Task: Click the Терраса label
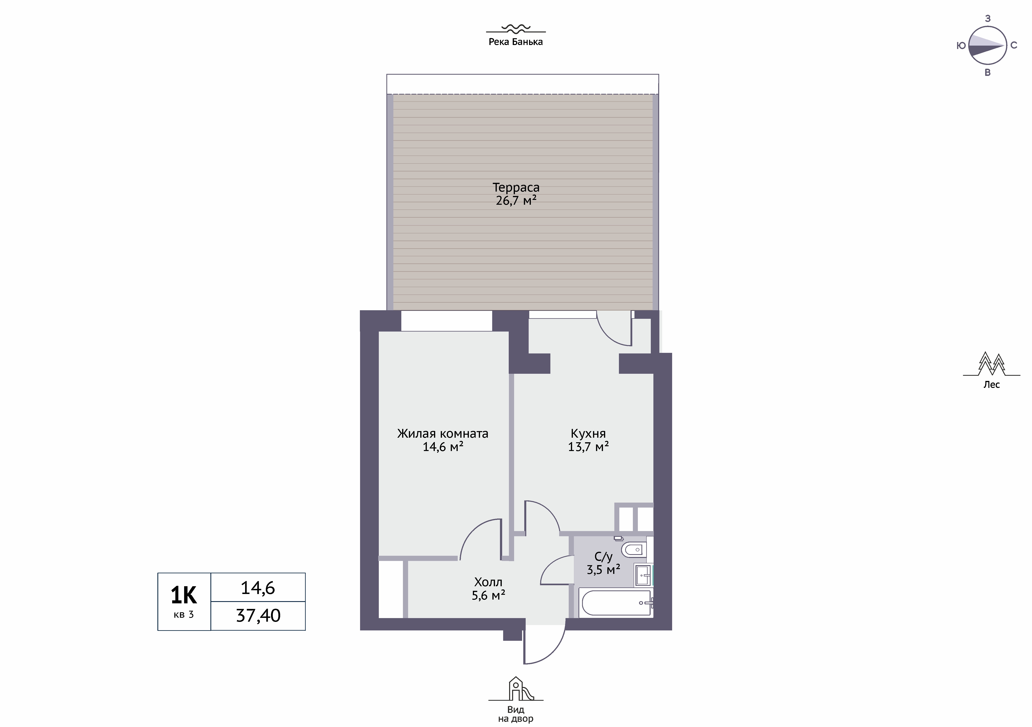pyautogui.click(x=516, y=187)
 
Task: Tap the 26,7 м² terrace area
pyautogui.click(x=516, y=200)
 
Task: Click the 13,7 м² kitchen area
pyautogui.click(x=588, y=447)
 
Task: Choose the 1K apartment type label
pyautogui.click(x=184, y=595)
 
